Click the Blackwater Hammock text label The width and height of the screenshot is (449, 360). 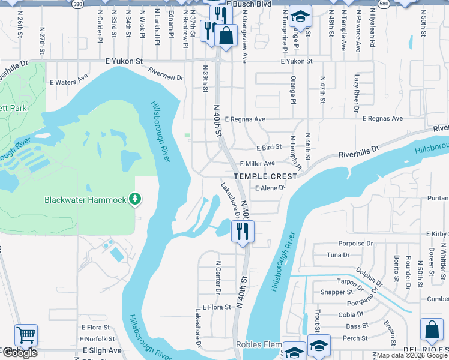[x=85, y=200]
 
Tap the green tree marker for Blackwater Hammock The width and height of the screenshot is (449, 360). [x=136, y=199]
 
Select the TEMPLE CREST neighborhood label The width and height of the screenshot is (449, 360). [x=265, y=176]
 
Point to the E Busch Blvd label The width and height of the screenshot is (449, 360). [x=250, y=4]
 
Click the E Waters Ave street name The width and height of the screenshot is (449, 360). [x=68, y=76]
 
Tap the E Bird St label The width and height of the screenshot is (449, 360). [x=268, y=148]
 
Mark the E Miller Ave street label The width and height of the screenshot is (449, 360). [x=257, y=164]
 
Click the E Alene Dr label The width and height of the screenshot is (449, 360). [x=268, y=188]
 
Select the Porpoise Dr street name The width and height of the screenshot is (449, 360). [x=351, y=244]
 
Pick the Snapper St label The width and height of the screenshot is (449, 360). [x=336, y=292]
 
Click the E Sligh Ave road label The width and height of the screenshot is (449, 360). [x=102, y=350]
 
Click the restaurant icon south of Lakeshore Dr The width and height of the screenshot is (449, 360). [x=243, y=231]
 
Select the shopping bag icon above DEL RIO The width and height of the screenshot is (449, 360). [x=432, y=329]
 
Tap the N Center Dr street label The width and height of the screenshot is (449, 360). [x=218, y=277]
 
